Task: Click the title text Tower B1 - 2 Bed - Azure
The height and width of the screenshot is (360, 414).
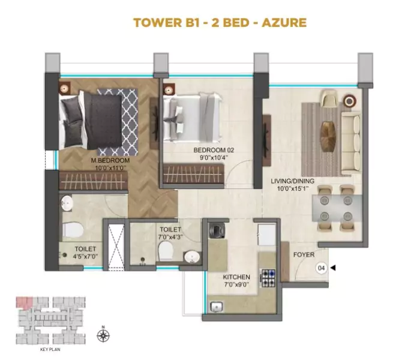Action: [220, 23]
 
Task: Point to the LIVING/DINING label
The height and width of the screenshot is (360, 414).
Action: [292, 181]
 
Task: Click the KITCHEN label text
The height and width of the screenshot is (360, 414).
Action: [236, 277]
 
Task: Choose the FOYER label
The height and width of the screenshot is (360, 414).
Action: [304, 254]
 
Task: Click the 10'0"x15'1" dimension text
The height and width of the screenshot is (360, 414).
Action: [292, 189]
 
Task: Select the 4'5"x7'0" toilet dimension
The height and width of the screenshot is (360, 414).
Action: [86, 256]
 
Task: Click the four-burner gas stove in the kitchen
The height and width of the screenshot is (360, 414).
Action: [268, 276]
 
